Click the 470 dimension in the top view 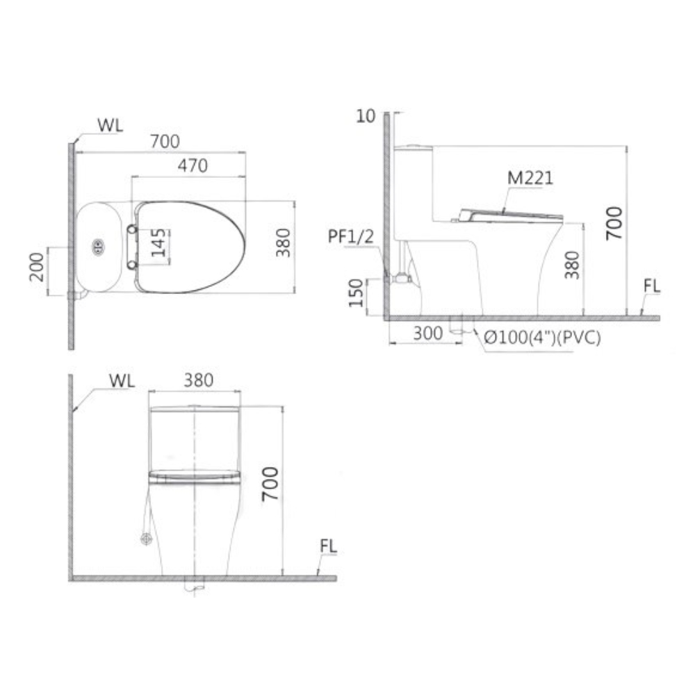click(x=193, y=166)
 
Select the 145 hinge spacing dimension click(x=158, y=243)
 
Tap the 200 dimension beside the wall click(x=37, y=267)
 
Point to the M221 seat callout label click(x=530, y=178)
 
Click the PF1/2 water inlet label click(x=350, y=237)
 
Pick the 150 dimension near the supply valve click(x=356, y=293)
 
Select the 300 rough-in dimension click(x=427, y=334)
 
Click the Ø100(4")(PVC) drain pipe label click(x=542, y=338)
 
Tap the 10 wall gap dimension click(x=366, y=116)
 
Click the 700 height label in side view click(x=614, y=223)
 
